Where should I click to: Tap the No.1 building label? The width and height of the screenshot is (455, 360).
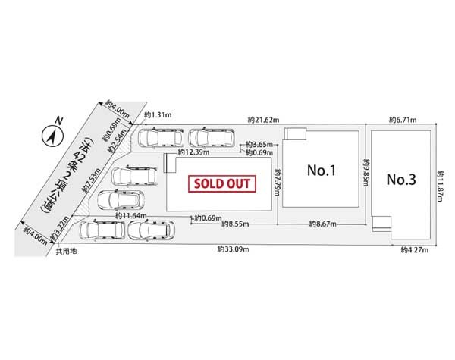tap(321, 171)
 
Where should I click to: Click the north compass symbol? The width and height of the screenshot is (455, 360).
tap(50, 136)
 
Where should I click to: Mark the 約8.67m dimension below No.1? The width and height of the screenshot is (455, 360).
tap(324, 224)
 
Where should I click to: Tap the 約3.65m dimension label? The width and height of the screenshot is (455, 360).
tap(256, 144)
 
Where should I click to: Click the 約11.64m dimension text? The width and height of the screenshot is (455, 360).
tap(130, 216)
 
